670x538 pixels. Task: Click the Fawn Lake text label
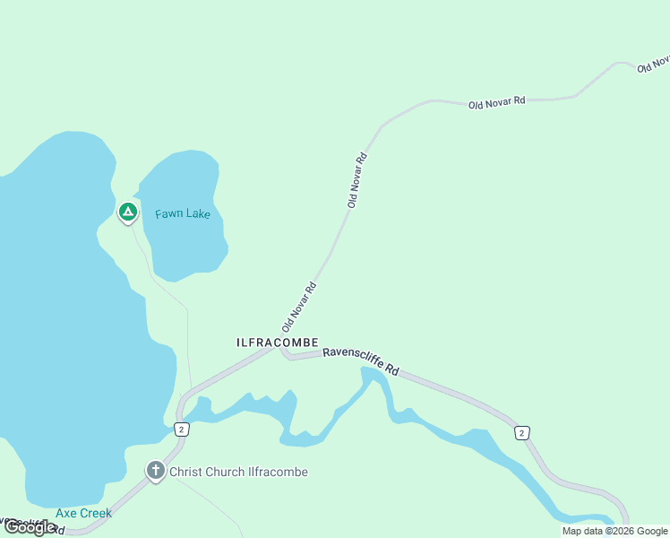tap(182, 214)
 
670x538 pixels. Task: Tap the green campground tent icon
tap(127, 212)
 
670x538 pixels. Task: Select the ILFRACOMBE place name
tap(277, 343)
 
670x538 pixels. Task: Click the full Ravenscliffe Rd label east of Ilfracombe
tap(360, 360)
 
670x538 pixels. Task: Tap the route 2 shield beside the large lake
tap(182, 430)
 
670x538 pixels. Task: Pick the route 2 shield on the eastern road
tap(521, 433)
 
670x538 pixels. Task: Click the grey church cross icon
tap(156, 471)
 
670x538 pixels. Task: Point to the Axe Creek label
tap(83, 514)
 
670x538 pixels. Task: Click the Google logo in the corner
tap(29, 528)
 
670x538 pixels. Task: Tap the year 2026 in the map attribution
tap(619, 531)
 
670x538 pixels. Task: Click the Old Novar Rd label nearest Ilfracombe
tap(300, 308)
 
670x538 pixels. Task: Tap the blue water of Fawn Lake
tap(184, 247)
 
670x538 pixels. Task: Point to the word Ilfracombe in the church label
tap(277, 472)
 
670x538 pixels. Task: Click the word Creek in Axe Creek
tap(96, 514)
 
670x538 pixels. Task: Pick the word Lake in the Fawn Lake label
tap(198, 214)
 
